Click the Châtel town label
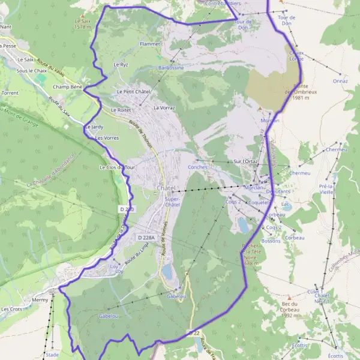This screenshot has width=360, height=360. (x=166, y=188)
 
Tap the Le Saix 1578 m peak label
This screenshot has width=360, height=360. (x=82, y=23)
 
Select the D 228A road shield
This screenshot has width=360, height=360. (x=146, y=238)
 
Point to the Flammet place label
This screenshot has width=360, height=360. (x=149, y=44)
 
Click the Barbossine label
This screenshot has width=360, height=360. (x=171, y=68)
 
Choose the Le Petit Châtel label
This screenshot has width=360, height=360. (x=133, y=91)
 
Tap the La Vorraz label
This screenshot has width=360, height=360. (x=164, y=108)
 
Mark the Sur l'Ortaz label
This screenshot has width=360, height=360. (x=245, y=161)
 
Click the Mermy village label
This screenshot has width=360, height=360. (x=40, y=299)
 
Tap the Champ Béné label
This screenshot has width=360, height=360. (x=67, y=87)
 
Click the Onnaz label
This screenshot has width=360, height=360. (x=340, y=80)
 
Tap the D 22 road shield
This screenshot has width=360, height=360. (x=193, y=332)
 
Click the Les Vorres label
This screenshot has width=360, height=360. (x=107, y=138)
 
